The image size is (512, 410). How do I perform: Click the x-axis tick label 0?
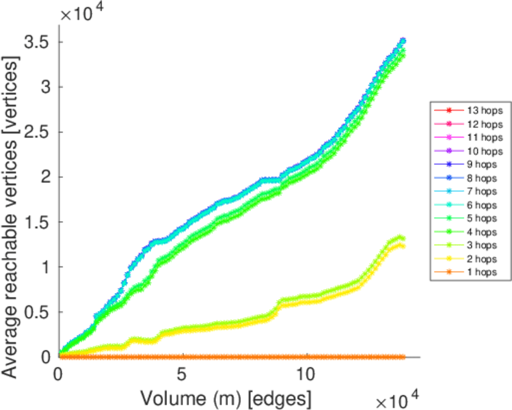pos(59,375)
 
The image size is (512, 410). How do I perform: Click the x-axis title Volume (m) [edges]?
pos(226,397)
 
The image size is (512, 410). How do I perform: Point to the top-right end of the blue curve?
pos(403,40)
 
